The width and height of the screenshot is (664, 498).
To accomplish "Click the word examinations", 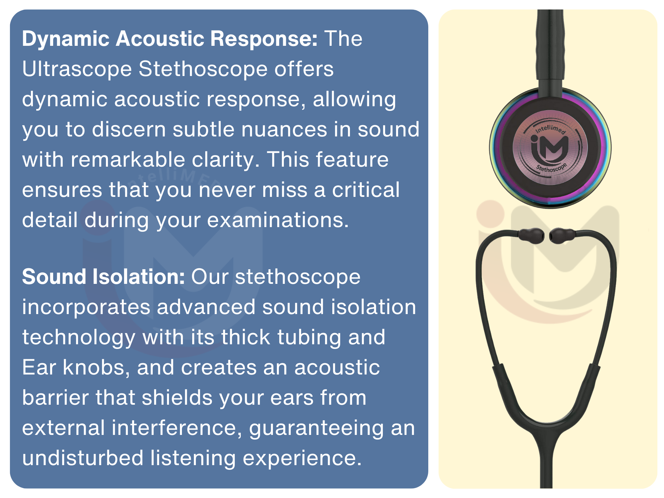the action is pyautogui.click(x=278, y=220).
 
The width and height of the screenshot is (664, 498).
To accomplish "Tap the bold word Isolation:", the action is pyautogui.click(x=138, y=277).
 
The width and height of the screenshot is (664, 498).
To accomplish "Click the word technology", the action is pyautogui.click(x=79, y=337).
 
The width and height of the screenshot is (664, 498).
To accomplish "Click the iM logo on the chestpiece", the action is pyautogui.click(x=550, y=148).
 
